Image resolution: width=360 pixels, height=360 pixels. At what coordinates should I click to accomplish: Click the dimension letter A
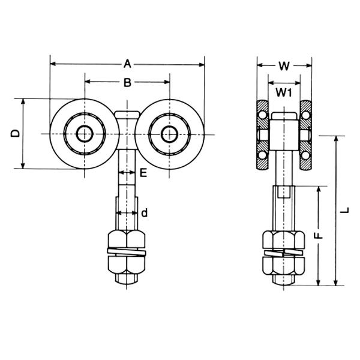(127, 64)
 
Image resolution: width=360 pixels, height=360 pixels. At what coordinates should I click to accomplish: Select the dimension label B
(127, 82)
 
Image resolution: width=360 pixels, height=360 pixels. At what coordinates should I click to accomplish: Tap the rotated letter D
(16, 133)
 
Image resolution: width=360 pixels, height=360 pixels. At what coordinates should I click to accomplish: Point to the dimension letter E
(143, 173)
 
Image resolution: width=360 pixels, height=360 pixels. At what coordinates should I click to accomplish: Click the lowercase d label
(144, 213)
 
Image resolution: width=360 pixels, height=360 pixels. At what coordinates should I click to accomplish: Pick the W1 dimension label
(284, 92)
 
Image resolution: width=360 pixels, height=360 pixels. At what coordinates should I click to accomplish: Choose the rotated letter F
(319, 236)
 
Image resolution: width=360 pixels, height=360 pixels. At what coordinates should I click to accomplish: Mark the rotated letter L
(344, 211)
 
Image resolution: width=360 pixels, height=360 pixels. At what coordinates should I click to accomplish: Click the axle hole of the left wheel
(85, 134)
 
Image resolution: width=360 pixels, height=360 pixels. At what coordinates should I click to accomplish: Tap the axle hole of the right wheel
(170, 134)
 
